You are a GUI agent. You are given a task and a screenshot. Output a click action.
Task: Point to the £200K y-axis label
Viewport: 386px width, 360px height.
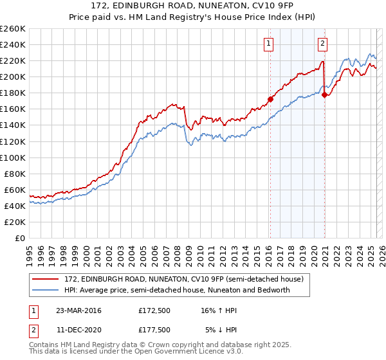12,76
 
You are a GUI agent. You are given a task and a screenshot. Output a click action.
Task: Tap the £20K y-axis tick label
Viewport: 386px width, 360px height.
15,222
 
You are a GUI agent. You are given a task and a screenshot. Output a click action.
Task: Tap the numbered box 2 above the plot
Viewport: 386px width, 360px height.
322,44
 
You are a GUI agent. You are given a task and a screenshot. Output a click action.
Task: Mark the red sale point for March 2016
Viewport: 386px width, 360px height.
270,99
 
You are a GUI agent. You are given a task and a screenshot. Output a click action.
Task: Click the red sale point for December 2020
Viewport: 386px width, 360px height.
324,95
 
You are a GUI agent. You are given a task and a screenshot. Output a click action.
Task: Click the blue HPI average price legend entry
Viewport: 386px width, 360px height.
177,290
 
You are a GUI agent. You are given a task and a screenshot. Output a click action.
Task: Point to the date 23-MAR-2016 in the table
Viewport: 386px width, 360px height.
78,310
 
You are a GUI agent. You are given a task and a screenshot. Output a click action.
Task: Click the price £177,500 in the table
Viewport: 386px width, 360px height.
154,330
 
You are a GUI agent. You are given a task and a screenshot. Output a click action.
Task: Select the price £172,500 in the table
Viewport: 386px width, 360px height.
154,310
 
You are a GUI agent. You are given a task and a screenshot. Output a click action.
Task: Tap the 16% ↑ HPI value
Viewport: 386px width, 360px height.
219,310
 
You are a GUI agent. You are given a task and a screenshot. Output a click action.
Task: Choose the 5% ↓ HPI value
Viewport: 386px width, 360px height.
222,330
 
